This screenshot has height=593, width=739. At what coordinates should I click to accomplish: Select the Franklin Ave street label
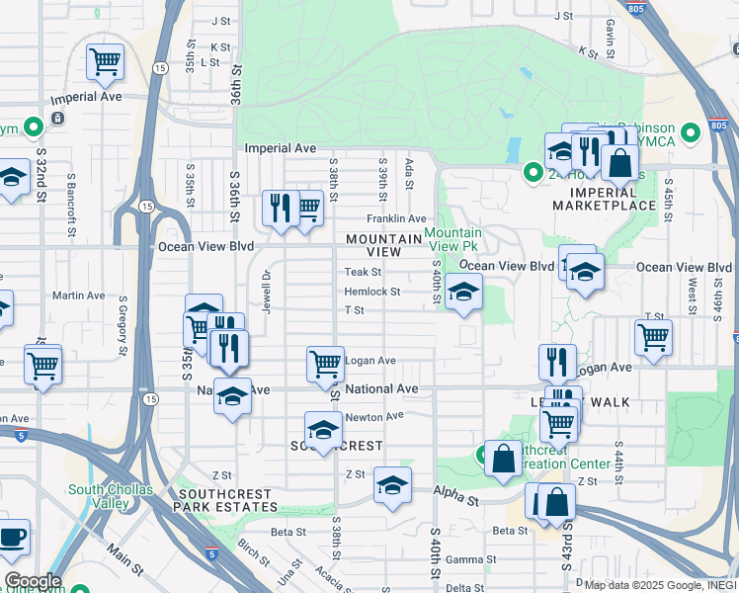(396, 218)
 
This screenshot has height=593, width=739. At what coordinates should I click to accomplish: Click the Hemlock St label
(371, 292)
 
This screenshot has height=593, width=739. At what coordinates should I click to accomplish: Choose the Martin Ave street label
(79, 296)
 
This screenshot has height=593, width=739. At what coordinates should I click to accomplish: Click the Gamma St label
(463, 559)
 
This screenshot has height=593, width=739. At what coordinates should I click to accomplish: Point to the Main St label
(124, 563)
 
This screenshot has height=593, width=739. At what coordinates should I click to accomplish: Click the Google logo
(33, 581)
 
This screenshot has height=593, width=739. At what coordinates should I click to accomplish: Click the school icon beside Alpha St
(392, 485)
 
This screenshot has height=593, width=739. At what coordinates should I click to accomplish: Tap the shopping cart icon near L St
(105, 61)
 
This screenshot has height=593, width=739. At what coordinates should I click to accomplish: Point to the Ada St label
(408, 173)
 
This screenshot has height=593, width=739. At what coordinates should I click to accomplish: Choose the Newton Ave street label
(374, 416)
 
